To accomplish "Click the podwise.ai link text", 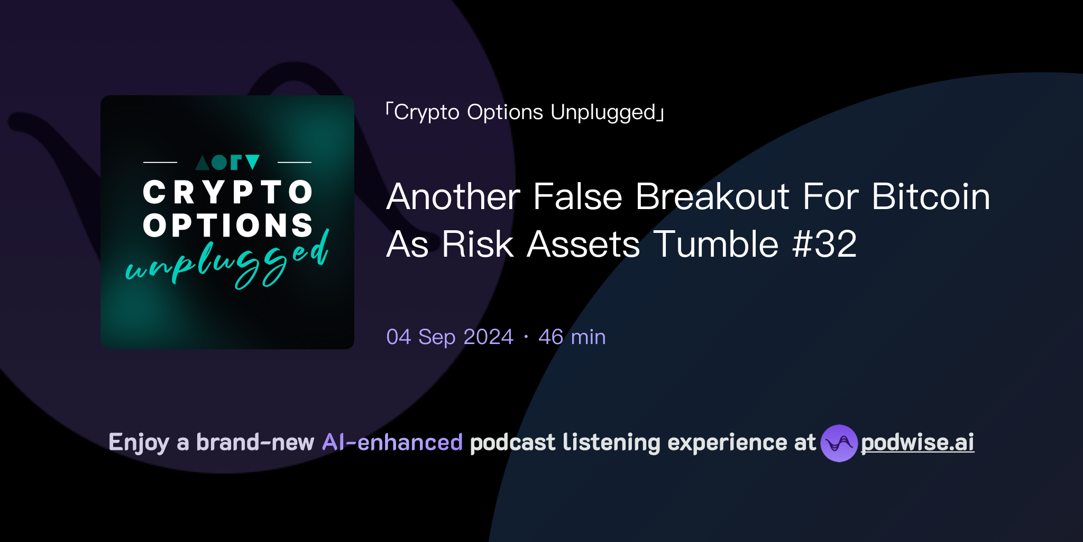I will (917, 442).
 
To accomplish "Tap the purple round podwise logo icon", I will (839, 443).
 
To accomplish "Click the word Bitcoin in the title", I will (931, 197).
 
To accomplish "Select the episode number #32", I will (824, 245).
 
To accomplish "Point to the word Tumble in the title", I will (716, 245).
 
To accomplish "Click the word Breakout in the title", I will (712, 197).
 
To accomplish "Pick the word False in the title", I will (577, 197).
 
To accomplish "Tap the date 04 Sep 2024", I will (449, 337).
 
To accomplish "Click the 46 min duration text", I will (572, 337).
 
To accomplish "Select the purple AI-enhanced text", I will (392, 442).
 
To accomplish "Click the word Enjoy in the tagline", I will (139, 443).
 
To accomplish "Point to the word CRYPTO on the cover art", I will (228, 192).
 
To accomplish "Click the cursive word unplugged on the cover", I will (227, 262).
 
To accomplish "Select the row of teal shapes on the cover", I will (227, 162).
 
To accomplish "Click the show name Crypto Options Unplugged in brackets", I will (525, 112).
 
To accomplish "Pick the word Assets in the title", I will (583, 245).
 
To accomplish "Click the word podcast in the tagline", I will (512, 442).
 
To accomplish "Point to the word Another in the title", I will (453, 197).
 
